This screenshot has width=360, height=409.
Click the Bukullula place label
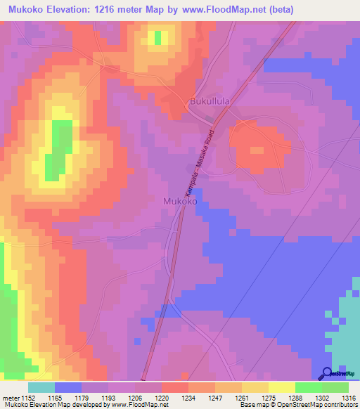210,102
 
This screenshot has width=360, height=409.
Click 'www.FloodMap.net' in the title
219,10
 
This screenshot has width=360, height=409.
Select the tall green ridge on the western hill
59,148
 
